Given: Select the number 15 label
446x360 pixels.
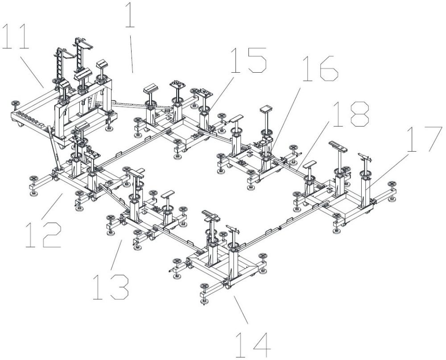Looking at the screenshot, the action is coord(248,60).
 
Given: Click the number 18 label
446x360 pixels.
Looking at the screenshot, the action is coord(351,114).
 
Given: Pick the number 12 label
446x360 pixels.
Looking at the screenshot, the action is coord(44,235).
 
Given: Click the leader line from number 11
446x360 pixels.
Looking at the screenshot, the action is coord(32,73).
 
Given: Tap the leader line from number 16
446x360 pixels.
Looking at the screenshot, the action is coord(285,119).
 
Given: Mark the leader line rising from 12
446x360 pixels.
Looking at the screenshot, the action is coord(52,207).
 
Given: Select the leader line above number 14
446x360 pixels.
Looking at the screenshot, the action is coord(241,310).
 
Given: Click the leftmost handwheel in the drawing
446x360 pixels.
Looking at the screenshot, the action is coord(15,104).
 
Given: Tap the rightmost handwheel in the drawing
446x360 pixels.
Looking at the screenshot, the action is coord(392,184).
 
